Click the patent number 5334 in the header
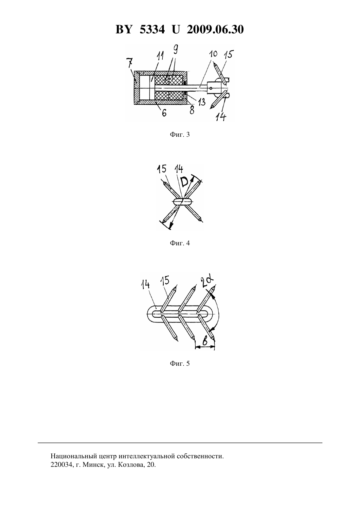152,29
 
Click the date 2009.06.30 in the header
215,29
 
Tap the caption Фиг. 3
180,135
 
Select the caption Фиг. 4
180,243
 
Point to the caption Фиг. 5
180,363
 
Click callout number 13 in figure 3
201,102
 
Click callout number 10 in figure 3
213,54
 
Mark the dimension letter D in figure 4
184,182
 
